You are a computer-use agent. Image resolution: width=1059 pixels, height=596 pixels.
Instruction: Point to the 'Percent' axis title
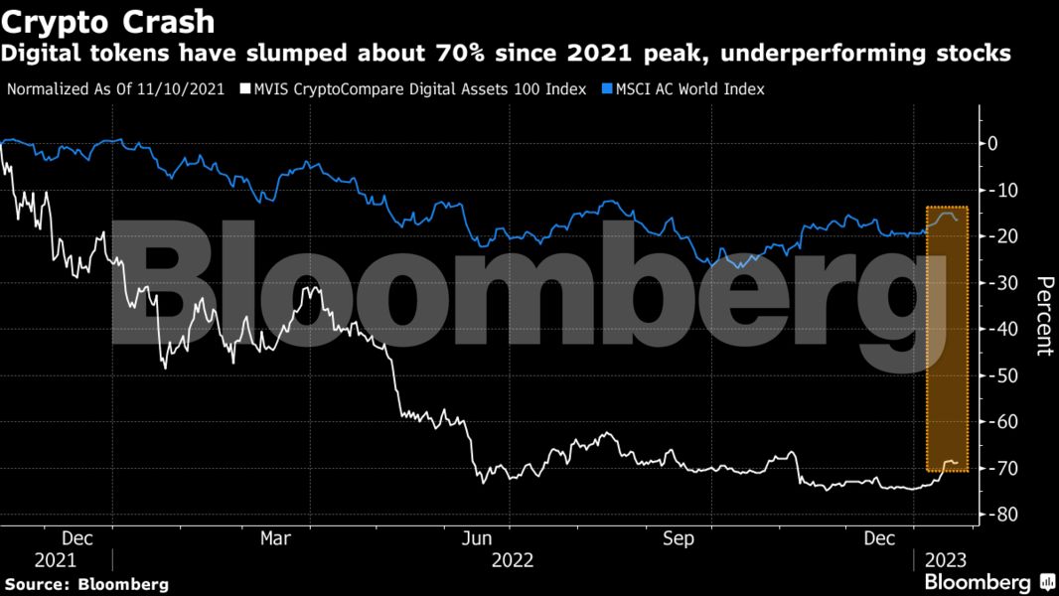click(1044, 315)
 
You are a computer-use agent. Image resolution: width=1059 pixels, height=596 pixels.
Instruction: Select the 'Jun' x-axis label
click(479, 538)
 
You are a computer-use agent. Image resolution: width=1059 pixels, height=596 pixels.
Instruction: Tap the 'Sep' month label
click(680, 538)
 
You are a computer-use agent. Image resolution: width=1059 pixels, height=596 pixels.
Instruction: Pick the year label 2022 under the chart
click(513, 560)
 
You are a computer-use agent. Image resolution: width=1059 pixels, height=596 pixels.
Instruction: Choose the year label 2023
click(945, 560)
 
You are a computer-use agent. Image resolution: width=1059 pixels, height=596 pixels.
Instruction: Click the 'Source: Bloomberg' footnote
click(86, 584)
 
